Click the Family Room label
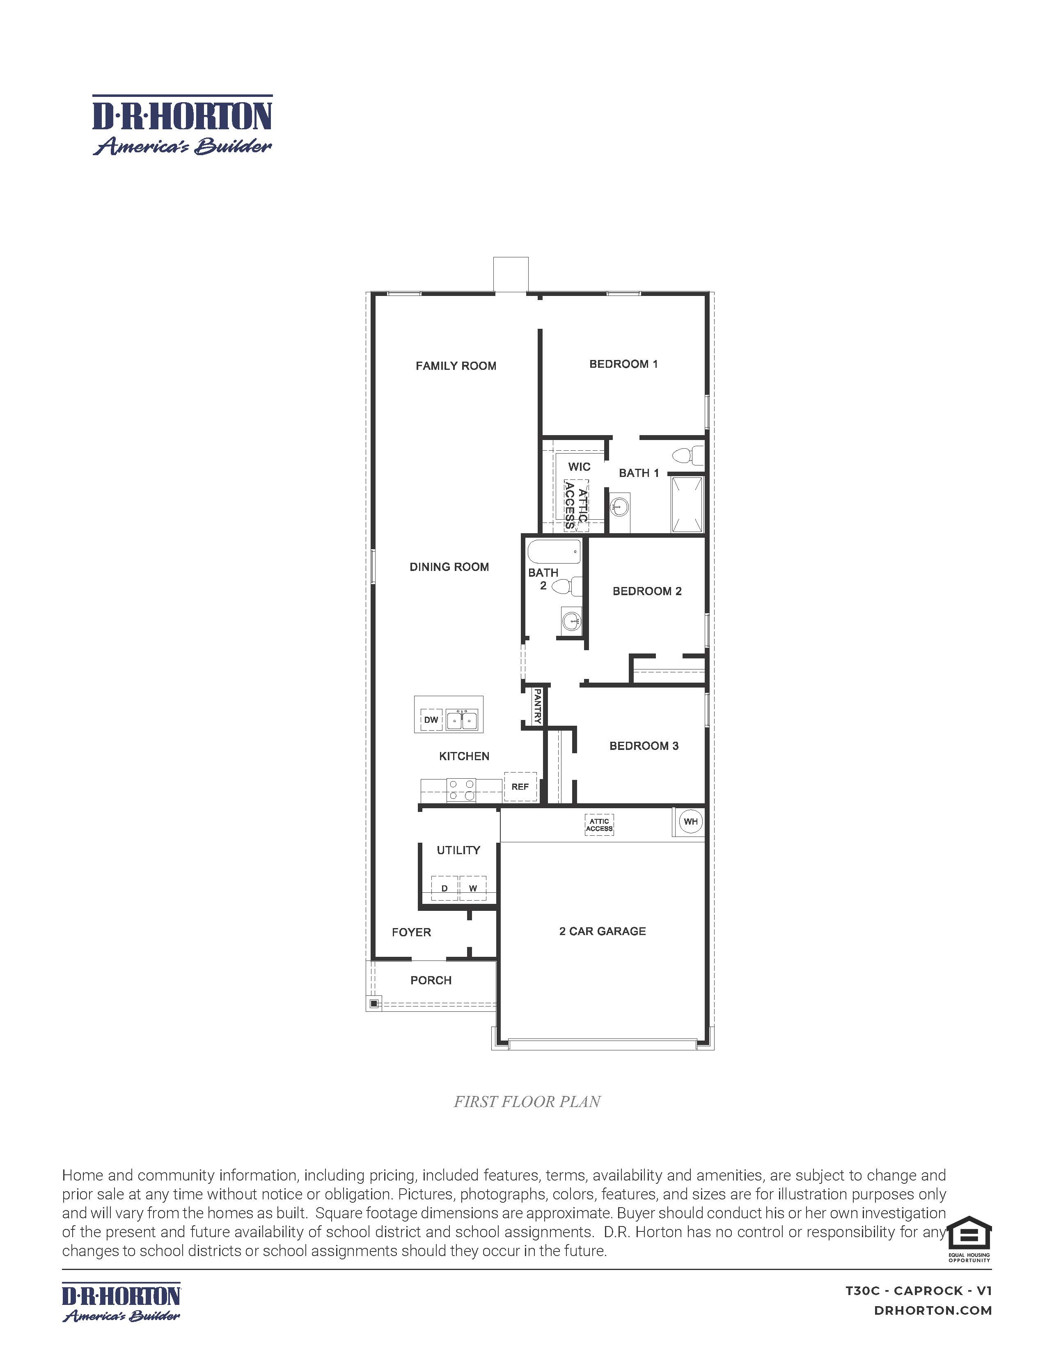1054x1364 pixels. click(456, 366)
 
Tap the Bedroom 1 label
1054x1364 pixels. click(623, 364)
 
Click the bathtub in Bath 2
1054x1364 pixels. click(554, 552)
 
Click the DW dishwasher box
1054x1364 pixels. click(431, 720)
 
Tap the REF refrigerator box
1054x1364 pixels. click(520, 787)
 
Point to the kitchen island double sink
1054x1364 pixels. click(462, 720)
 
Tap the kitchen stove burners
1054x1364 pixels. click(461, 790)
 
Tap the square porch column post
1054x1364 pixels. click(373, 1004)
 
